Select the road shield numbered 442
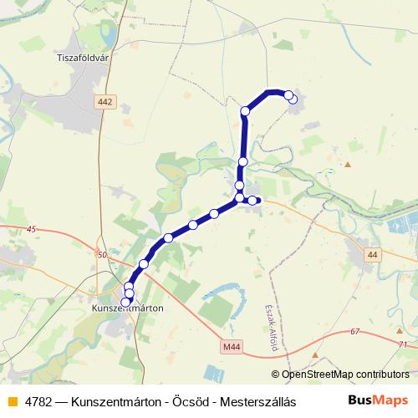(104, 101)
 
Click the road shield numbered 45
(33, 229)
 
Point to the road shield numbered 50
(102, 254)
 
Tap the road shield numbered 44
(372, 253)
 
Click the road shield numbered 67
(354, 332)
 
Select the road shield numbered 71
(404, 344)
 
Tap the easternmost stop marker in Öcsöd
(252, 200)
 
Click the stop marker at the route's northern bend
(245, 111)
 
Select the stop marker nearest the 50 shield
(143, 264)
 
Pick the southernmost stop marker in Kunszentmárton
(127, 302)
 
